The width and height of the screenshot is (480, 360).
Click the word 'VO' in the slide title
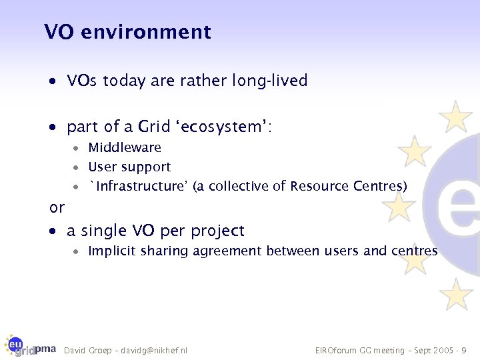pos(58,32)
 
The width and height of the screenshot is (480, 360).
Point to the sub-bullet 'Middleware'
pos(125,147)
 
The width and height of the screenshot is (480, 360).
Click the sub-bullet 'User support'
pos(129,167)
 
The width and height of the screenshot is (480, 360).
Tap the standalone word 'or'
pos(57,207)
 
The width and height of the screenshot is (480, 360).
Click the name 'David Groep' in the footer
pos(86,350)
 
